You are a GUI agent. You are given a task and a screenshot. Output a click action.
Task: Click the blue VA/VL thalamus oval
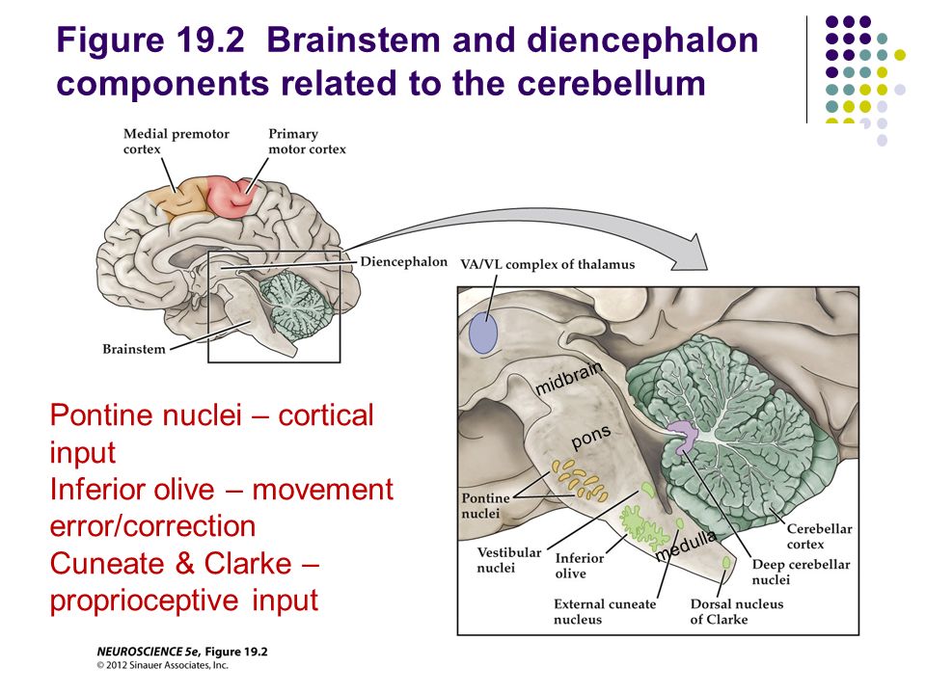[483, 333]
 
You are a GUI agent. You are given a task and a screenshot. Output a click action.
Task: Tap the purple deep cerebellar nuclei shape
[682, 437]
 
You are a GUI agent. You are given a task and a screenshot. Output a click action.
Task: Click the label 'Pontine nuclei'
[485, 506]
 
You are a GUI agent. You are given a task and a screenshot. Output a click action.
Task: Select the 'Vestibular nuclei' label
[509, 560]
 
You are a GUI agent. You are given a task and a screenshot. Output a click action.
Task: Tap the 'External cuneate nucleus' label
[605, 611]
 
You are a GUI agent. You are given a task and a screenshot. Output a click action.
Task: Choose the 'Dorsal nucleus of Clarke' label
[737, 611]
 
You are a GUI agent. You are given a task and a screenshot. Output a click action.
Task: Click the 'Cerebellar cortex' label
[819, 536]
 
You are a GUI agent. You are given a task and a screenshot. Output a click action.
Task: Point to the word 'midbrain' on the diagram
[569, 378]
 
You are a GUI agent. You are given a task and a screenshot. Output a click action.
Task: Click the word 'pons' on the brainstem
[591, 437]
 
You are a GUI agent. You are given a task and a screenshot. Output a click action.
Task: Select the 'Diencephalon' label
[404, 261]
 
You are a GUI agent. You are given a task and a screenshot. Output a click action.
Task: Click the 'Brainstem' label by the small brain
[134, 349]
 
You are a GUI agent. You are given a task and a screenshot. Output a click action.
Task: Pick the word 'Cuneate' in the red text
[111, 563]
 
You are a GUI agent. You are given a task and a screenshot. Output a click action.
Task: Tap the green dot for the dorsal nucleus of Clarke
[726, 563]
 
